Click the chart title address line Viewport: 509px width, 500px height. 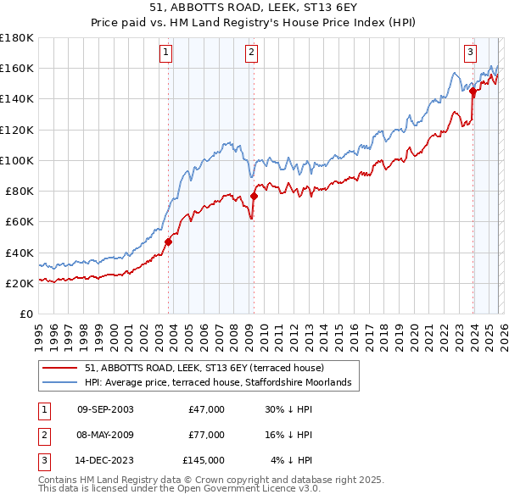(255, 8)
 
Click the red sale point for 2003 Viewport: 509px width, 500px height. (168, 242)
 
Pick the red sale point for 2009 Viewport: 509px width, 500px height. (254, 196)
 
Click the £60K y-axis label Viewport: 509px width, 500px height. (19, 222)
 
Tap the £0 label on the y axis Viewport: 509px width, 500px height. (25, 314)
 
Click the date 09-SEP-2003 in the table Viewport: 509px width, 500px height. (105, 409)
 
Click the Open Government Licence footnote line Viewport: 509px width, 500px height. (179, 489)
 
